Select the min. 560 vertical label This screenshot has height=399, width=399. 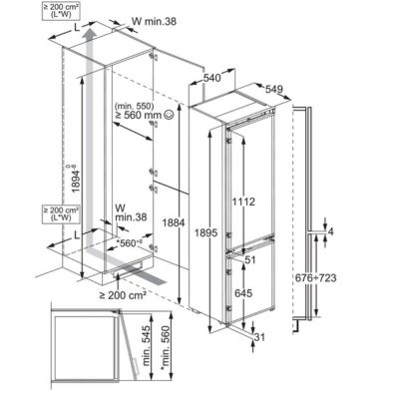click(x=170, y=346)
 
